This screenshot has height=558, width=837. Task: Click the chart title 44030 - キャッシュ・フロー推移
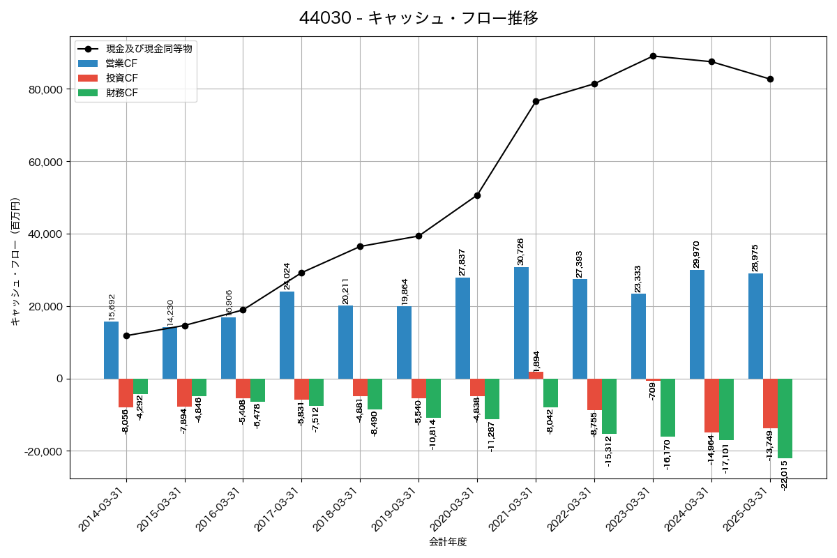[418, 18]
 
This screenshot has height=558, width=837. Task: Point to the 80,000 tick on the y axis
[43, 90]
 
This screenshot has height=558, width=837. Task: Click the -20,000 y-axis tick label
[41, 451]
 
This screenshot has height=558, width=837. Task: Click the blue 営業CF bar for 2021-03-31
[521, 322]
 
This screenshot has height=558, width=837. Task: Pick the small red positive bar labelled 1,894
[536, 375]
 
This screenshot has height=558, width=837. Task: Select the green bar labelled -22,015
[785, 418]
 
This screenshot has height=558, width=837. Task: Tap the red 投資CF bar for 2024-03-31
[711, 405]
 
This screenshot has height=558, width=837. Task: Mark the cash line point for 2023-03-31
[653, 56]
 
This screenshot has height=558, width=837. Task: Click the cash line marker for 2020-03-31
[477, 195]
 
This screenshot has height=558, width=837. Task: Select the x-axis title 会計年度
[448, 542]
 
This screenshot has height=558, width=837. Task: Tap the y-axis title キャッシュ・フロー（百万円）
[15, 262]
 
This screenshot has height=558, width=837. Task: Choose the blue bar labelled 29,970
[697, 324]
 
